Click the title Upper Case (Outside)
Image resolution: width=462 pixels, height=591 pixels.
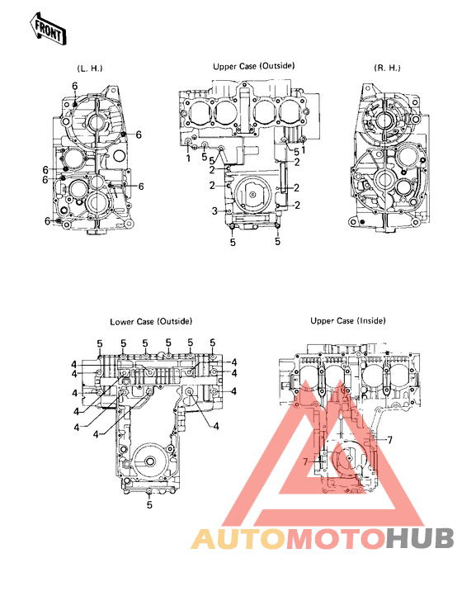tap(253, 65)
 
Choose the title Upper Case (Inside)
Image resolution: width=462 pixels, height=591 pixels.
tap(347, 321)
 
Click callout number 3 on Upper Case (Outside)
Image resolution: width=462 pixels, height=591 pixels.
tap(214, 212)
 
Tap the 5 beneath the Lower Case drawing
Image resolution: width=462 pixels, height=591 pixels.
tap(148, 504)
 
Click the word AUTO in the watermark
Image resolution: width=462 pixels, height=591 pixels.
tap(238, 538)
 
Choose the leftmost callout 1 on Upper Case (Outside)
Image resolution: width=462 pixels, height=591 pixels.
tap(189, 157)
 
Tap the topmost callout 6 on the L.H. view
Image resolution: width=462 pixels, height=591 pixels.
tap(73, 86)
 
